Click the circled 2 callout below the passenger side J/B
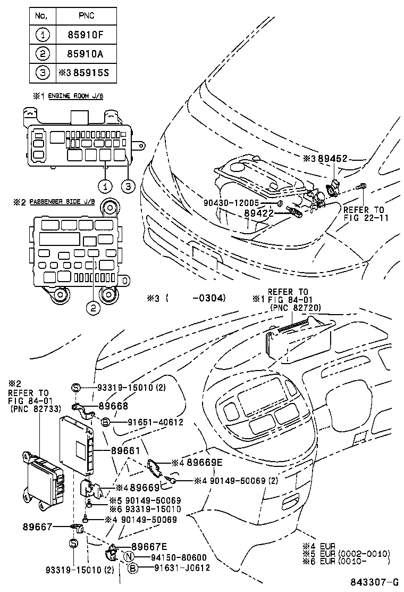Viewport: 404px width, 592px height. (94, 308)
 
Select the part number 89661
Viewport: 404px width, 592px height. (125, 450)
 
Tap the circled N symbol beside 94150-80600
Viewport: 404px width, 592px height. (128, 557)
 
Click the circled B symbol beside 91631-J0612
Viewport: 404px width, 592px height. (133, 568)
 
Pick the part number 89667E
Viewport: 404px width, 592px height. (149, 546)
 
